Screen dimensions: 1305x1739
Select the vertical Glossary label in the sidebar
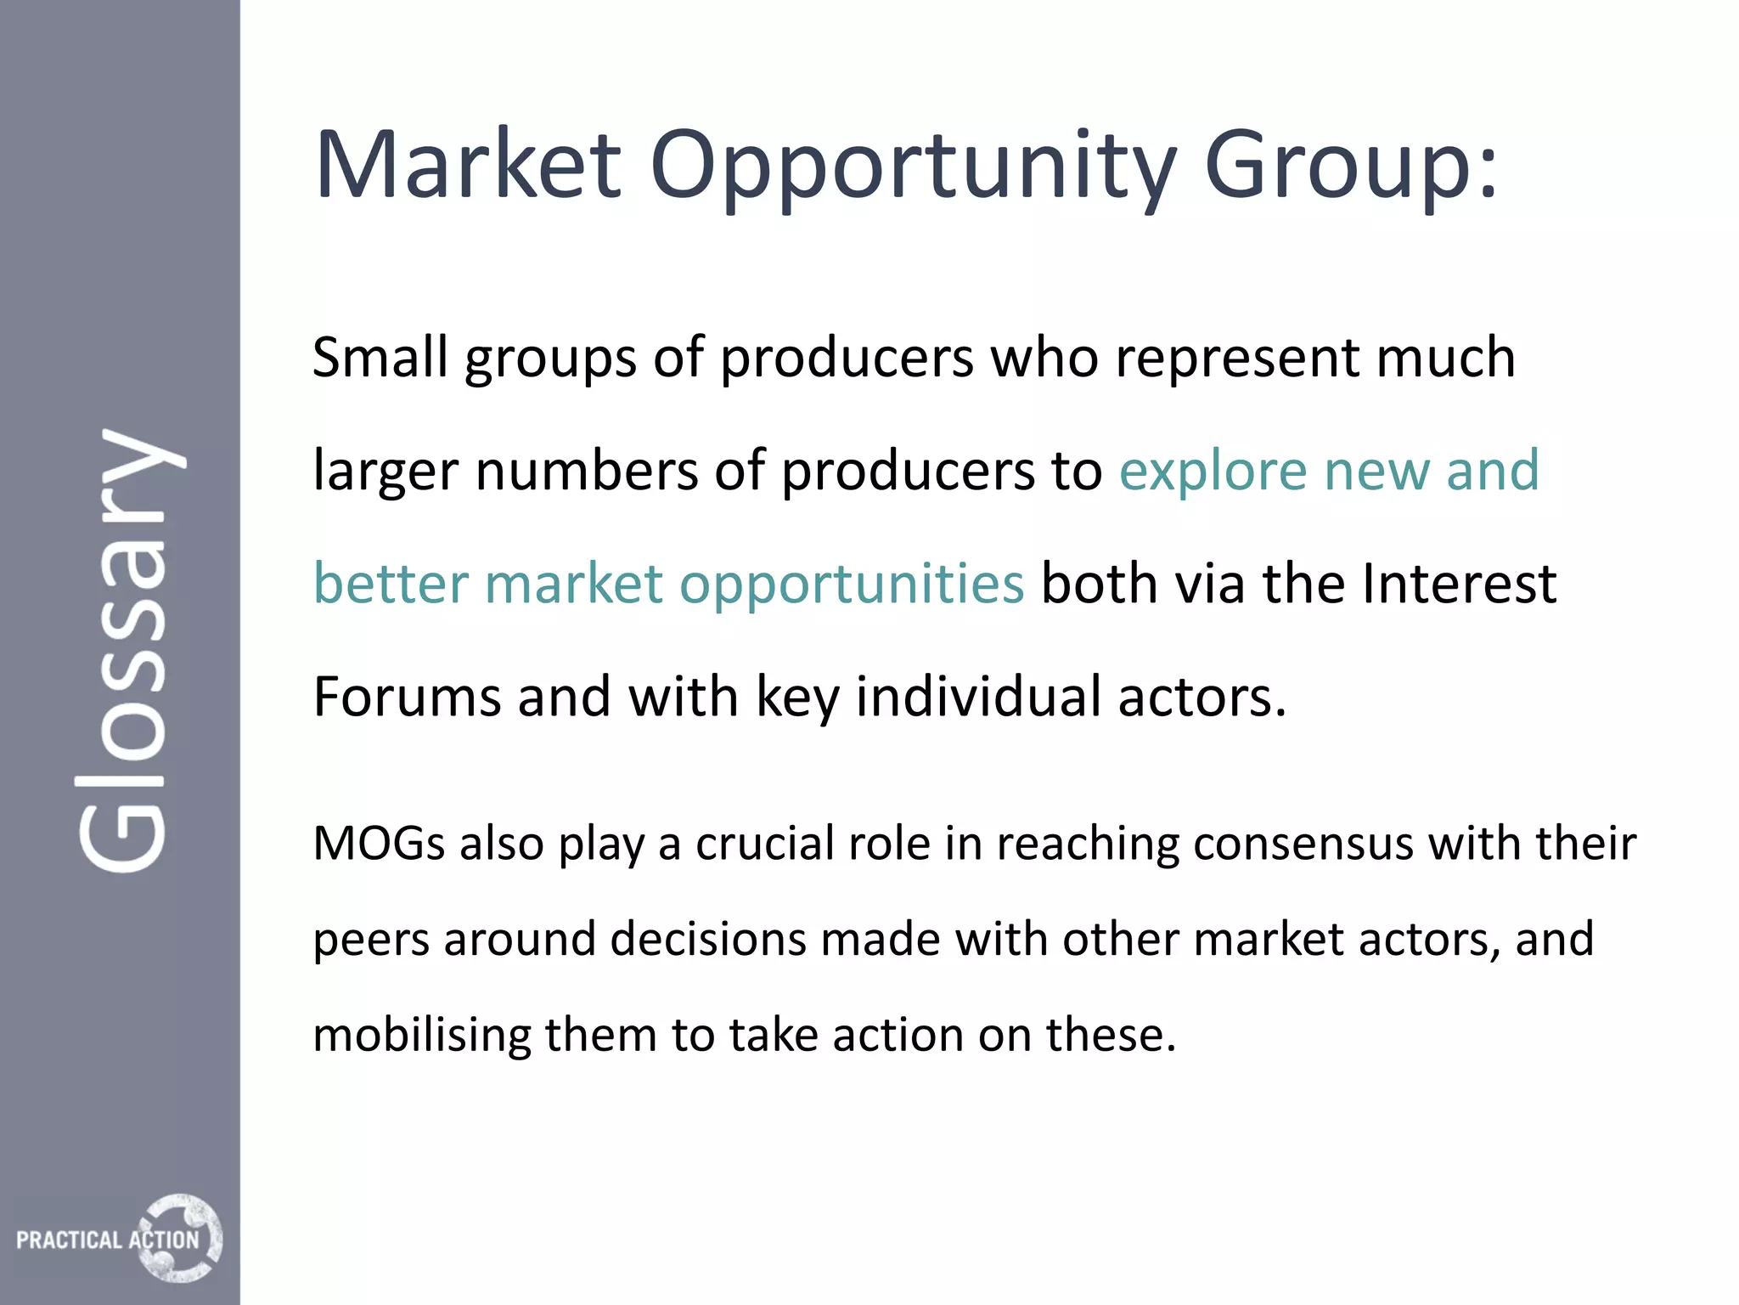[x=127, y=650]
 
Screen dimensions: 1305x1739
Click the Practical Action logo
[x=119, y=1238]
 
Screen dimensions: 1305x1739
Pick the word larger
[x=386, y=472]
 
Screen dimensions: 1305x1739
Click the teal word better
[x=391, y=585]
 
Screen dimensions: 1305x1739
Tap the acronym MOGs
[x=379, y=845]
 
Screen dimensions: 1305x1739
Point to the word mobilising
[x=420, y=1036]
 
